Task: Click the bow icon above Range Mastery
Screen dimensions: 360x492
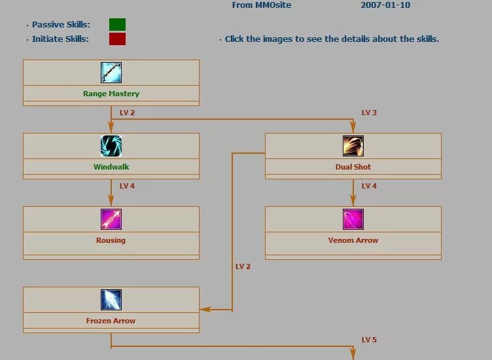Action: coord(111,72)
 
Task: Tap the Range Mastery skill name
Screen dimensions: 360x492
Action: coord(111,94)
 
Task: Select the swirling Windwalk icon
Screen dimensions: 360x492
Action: coord(111,145)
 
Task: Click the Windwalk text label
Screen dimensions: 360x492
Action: coord(111,167)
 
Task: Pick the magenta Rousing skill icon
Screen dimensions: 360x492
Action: coord(111,219)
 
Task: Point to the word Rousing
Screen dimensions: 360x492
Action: coord(111,240)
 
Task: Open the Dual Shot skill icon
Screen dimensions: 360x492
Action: coord(353,145)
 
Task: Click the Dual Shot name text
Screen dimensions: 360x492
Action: coord(353,167)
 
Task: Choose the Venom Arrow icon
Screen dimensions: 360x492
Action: coord(353,219)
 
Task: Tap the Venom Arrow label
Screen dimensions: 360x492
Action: coord(353,240)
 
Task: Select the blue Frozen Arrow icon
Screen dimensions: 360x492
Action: coord(111,299)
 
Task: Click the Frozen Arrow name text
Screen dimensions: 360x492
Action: coord(111,321)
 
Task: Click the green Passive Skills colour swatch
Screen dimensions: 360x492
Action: coord(117,25)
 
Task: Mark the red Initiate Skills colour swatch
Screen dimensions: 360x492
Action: coord(117,39)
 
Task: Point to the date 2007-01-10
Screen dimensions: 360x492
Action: coord(386,5)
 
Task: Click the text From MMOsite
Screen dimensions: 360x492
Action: coord(262,5)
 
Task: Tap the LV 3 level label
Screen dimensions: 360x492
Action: coord(369,113)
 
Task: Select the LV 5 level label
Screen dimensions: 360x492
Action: coord(369,340)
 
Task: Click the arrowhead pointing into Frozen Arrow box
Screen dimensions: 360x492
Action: coord(204,309)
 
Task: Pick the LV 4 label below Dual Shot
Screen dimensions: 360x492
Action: coord(369,186)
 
